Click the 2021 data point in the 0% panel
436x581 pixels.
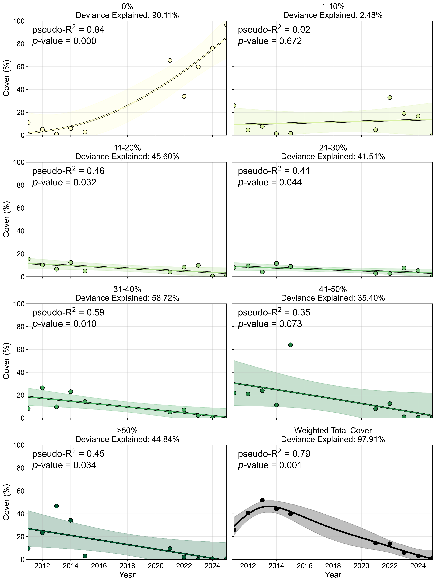pyautogui.click(x=170, y=60)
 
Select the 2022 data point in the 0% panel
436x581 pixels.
pyautogui.click(x=184, y=96)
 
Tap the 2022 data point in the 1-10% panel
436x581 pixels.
pyautogui.click(x=390, y=97)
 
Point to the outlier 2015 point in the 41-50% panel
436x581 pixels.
pyautogui.click(x=290, y=345)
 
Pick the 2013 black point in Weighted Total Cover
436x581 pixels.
pyautogui.click(x=262, y=500)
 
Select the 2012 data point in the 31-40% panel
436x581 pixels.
pyautogui.click(x=42, y=388)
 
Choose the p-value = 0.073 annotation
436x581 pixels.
pyautogui.click(x=270, y=324)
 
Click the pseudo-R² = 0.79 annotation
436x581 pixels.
pyautogui.click(x=274, y=454)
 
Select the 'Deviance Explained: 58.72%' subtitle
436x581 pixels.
pyautogui.click(x=127, y=298)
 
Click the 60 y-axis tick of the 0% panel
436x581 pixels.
pyautogui.click(x=21, y=67)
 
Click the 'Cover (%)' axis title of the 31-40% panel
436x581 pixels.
pyautogui.click(x=6, y=361)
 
